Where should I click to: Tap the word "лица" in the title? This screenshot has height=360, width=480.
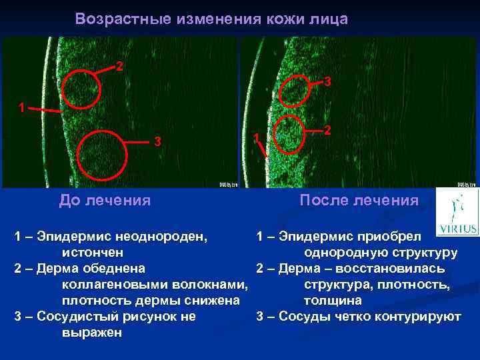329,19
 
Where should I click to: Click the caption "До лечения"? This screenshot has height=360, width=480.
105,199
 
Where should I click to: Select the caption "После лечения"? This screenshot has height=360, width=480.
359,199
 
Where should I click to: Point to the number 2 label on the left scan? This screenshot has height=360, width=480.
119,66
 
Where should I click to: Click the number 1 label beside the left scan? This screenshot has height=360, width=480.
22,107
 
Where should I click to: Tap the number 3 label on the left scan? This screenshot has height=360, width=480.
157,141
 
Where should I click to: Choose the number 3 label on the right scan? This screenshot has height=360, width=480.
328,82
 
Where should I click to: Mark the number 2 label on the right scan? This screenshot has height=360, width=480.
327,131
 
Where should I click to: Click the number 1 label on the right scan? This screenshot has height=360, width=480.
255,137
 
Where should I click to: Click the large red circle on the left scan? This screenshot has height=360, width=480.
101,155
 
